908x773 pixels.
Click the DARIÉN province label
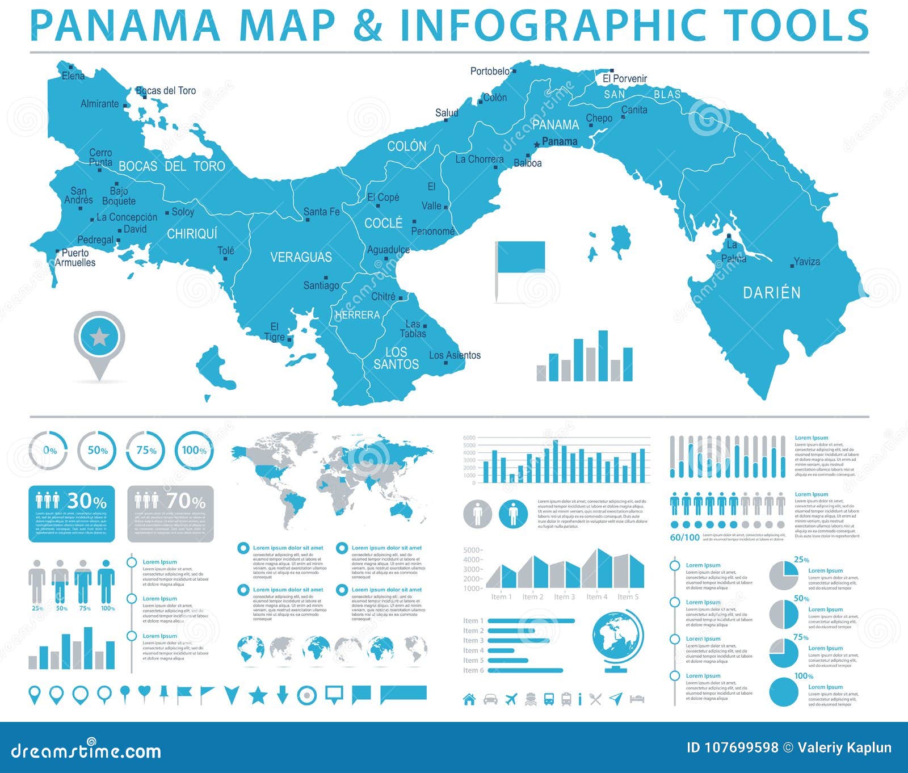pyautogui.click(x=772, y=293)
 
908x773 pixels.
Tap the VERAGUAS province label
pyautogui.click(x=301, y=257)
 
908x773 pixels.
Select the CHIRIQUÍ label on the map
pyautogui.click(x=192, y=234)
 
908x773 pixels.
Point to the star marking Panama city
pyautogui.click(x=537, y=145)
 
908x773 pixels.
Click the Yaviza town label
pyautogui.click(x=806, y=262)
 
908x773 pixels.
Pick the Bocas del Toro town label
pyautogui.click(x=166, y=91)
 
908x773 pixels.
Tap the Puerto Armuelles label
pyautogui.click(x=75, y=258)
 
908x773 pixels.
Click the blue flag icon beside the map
pyautogui.click(x=520, y=257)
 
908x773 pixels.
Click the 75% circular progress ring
pyautogui.click(x=146, y=451)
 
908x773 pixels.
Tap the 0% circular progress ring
pyautogui.click(x=49, y=451)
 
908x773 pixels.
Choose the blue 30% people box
pyautogui.click(x=72, y=514)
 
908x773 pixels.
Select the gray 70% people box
pyautogui.click(x=170, y=514)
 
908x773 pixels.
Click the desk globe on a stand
pyautogui.click(x=618, y=639)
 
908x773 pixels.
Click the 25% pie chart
pyautogui.click(x=784, y=575)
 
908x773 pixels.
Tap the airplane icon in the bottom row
pyautogui.click(x=511, y=699)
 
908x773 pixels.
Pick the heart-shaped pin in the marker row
pyautogui.click(x=144, y=692)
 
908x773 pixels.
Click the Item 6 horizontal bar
pyautogui.click(x=525, y=670)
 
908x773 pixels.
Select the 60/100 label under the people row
pyautogui.click(x=684, y=537)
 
